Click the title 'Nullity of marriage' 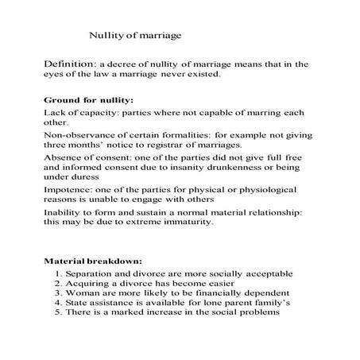pyautogui.click(x=135, y=36)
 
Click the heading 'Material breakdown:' pyautogui.click(x=93, y=261)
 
